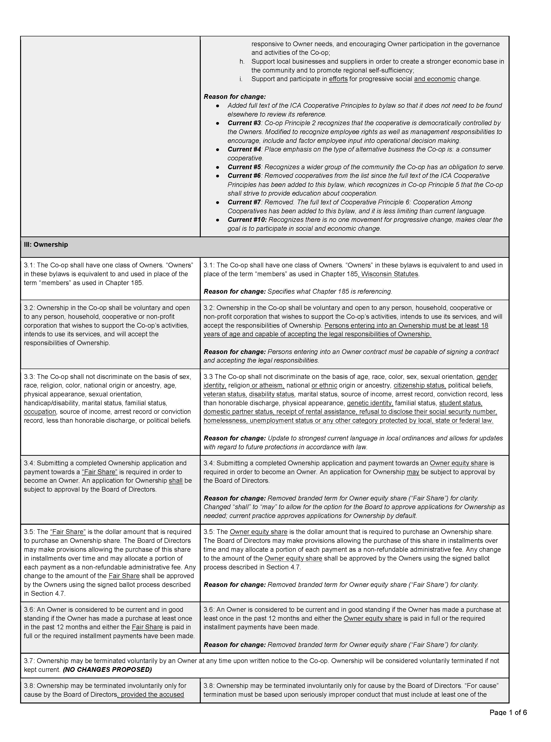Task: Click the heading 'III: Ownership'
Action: click(46, 245)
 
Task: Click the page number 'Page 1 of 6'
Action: click(508, 722)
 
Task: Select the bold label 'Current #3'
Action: click(244, 123)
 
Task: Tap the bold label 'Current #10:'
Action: click(247, 219)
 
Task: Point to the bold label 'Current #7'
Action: click(244, 202)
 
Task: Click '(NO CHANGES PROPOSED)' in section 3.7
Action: click(107, 669)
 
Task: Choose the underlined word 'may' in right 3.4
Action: click(413, 472)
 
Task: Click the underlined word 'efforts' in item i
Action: click(338, 79)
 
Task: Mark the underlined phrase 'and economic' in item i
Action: click(435, 79)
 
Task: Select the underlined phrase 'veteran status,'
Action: click(225, 394)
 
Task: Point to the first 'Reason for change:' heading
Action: click(235, 97)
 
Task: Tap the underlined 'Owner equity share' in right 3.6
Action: click(372, 618)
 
